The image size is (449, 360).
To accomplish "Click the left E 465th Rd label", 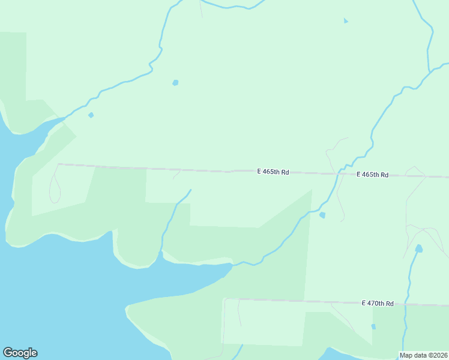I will [273, 172].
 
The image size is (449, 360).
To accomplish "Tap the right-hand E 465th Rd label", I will [372, 175].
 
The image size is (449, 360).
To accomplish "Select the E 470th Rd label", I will [378, 304].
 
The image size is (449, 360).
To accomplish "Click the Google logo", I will [20, 353].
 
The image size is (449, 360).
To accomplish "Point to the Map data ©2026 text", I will [424, 355].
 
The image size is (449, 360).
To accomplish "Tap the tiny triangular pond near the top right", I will [345, 21].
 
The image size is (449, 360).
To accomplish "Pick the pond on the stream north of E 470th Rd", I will [418, 248].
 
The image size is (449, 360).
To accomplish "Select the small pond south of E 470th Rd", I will [373, 326].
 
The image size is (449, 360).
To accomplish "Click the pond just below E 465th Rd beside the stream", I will [322, 215].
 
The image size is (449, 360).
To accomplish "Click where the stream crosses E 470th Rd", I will [406, 305].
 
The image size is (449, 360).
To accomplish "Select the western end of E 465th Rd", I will [58, 164].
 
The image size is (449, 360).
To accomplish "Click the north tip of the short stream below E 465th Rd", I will [190, 190].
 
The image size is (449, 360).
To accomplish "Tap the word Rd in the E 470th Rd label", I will [389, 304].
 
